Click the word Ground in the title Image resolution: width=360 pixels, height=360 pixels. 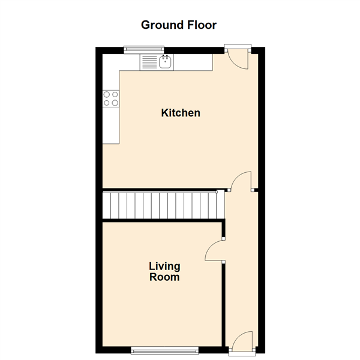point(163,25)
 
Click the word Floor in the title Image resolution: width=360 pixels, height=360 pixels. point(202,25)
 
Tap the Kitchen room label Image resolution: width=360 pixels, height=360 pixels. point(181,113)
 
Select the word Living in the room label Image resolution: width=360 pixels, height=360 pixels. point(164,267)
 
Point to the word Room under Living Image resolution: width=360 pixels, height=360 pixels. point(164,277)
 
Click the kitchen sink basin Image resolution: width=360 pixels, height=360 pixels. point(165,62)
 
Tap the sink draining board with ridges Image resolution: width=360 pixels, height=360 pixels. point(149,62)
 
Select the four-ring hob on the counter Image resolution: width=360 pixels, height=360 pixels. point(111,99)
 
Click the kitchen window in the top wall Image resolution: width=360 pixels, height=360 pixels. point(144,50)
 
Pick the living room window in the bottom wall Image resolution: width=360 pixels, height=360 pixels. point(164,350)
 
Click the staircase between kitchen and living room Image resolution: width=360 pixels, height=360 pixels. point(163,205)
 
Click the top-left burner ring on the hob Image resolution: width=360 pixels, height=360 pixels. point(107,94)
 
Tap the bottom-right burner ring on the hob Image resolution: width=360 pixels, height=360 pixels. point(115,103)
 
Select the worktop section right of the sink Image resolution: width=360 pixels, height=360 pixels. point(193,62)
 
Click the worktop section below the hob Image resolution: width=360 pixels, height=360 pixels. point(111,125)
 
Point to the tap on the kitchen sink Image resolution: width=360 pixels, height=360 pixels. point(165,58)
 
